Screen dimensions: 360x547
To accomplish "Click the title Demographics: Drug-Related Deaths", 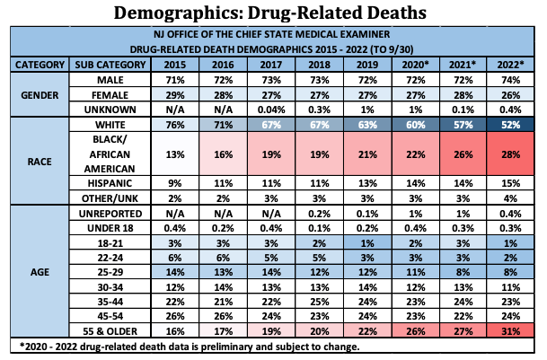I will tap(273, 13).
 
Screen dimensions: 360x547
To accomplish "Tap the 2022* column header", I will tap(509, 65).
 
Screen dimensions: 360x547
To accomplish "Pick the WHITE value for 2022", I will tap(509, 126).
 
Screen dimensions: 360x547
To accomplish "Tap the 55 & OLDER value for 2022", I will tap(509, 331).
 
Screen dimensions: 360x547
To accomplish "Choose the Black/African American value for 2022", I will tap(509, 155).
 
